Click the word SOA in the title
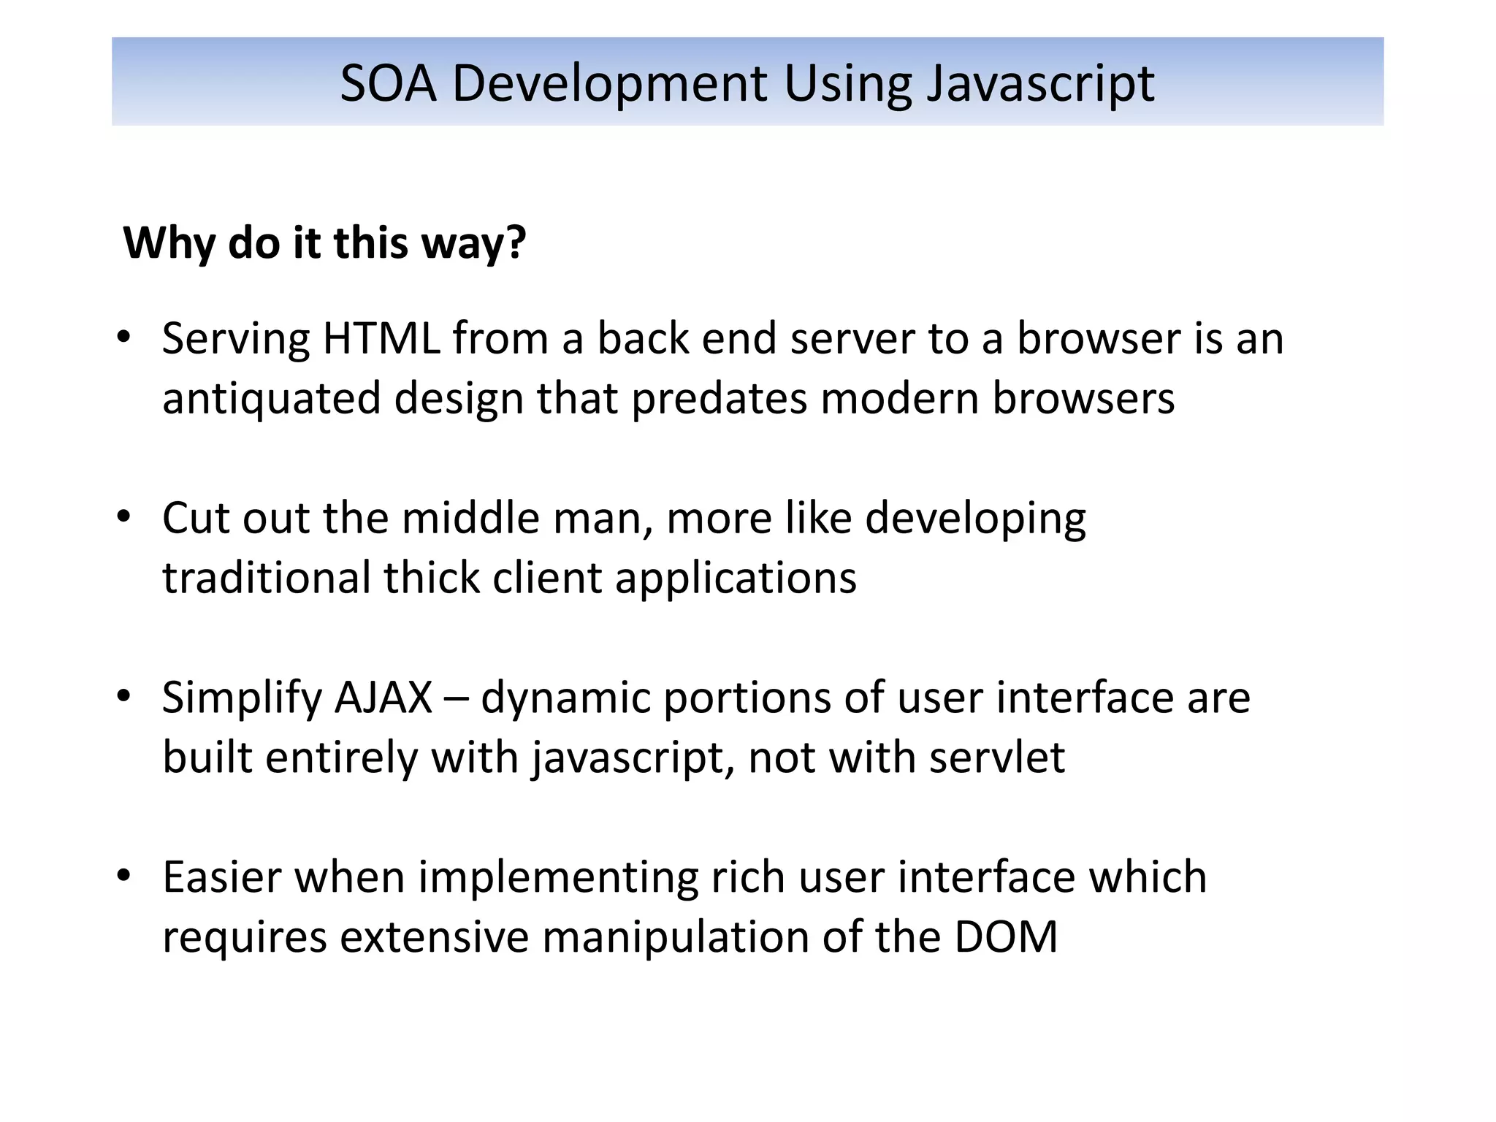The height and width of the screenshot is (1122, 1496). (388, 83)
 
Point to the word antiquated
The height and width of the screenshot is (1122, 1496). (271, 400)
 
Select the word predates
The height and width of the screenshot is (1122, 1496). (719, 400)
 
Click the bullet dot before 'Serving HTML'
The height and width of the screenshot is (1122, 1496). (123, 337)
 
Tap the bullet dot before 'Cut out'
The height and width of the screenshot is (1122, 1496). (123, 516)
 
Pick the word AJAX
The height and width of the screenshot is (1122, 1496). (383, 697)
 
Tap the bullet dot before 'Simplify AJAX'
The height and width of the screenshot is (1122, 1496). (123, 696)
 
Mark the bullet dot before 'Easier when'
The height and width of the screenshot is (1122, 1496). (123, 875)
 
